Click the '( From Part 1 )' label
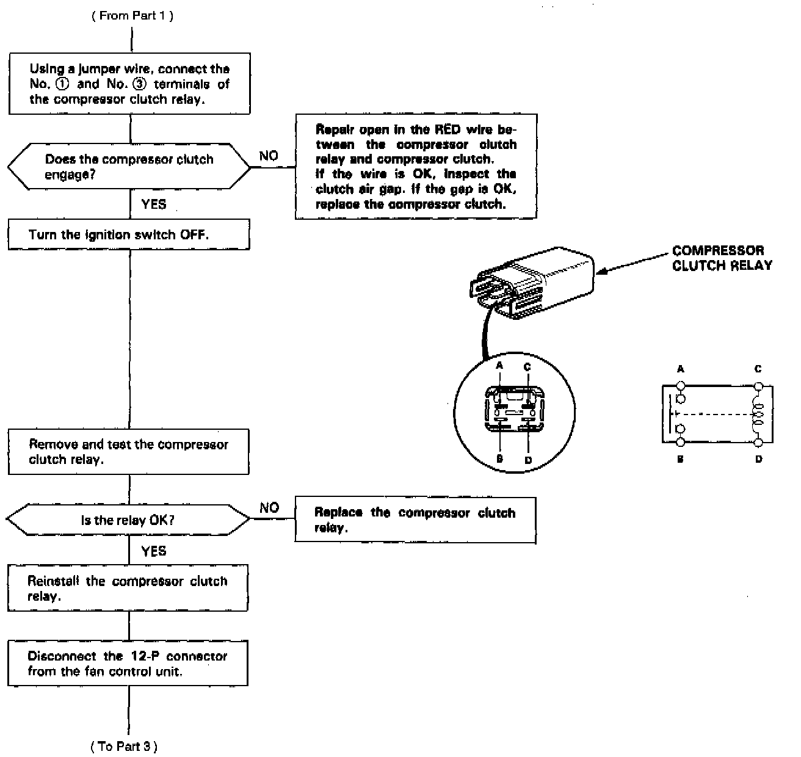click(x=132, y=16)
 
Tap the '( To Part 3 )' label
click(x=124, y=746)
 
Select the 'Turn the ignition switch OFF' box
click(x=129, y=235)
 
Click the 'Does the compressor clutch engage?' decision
click(x=129, y=167)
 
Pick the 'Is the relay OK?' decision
click(x=128, y=520)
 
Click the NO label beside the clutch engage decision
click(x=269, y=156)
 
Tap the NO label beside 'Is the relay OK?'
click(x=269, y=508)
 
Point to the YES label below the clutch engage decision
click(x=153, y=205)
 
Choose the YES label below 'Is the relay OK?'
click(x=153, y=551)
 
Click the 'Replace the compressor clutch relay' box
click(x=415, y=520)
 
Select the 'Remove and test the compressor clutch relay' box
click(x=129, y=452)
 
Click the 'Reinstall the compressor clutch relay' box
click(x=128, y=588)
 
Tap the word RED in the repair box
click(x=448, y=129)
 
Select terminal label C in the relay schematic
click(x=758, y=369)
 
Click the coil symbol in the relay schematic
click(x=758, y=414)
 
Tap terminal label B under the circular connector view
click(x=499, y=459)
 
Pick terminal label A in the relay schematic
click(x=681, y=369)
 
